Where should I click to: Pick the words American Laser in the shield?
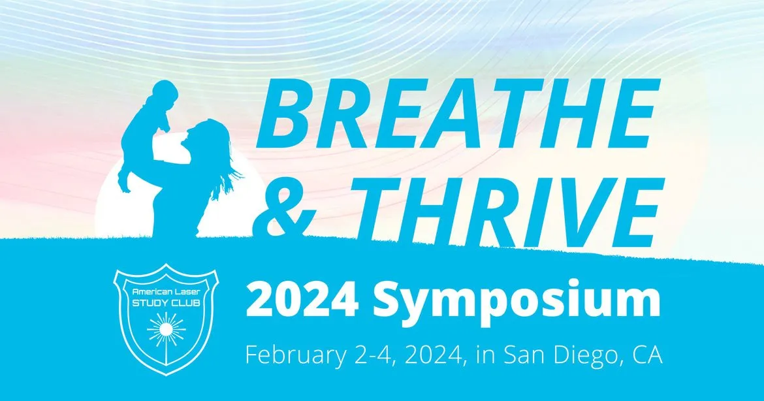pos(163,291)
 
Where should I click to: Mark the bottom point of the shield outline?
pos(166,376)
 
